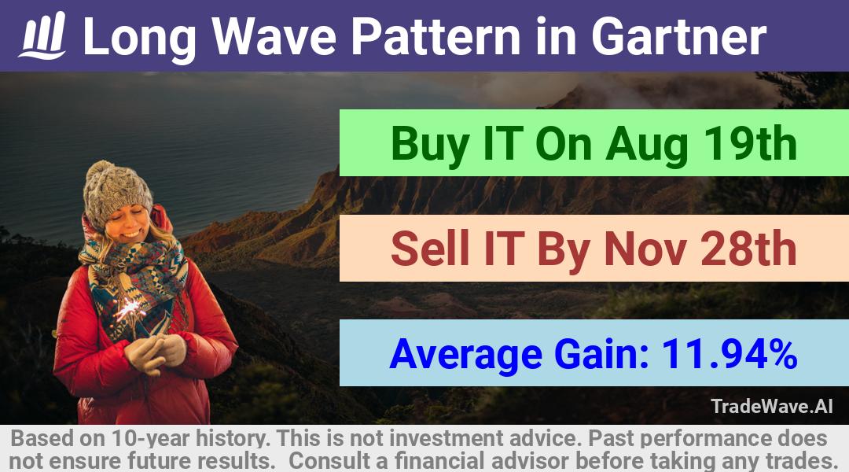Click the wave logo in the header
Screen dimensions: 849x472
pos(42,35)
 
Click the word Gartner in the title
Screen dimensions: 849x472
pos(679,36)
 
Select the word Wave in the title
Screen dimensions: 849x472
pos(274,36)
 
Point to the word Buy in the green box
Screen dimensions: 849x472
pos(430,144)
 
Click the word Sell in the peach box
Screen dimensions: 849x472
pos(430,248)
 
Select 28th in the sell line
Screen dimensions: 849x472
pos(749,248)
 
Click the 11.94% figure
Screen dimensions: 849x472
pos(729,353)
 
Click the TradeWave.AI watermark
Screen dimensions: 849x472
pos(772,406)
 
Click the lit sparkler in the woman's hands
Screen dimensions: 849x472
pos(129,310)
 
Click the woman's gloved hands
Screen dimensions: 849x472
pos(155,352)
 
